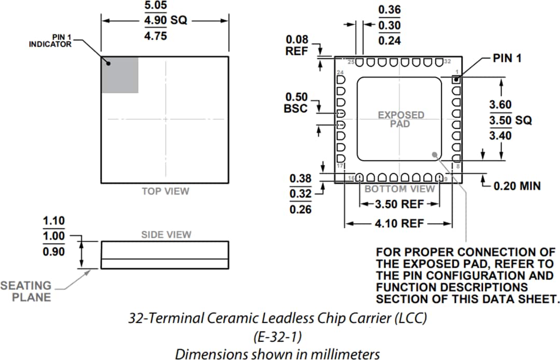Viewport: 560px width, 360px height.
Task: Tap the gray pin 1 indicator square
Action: point(120,75)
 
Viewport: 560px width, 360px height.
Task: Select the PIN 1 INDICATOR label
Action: point(50,41)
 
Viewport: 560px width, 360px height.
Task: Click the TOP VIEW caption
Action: point(165,191)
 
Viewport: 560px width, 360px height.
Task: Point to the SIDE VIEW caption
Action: point(166,235)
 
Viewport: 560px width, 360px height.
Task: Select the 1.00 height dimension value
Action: point(54,236)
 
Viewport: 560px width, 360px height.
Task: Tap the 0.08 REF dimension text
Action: point(297,46)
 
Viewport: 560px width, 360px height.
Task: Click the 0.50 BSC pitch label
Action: point(296,103)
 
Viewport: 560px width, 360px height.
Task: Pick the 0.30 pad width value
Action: point(389,25)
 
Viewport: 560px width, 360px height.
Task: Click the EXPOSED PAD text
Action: point(400,119)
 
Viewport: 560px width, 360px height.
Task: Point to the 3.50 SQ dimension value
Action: point(510,120)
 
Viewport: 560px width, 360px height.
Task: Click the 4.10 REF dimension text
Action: point(399,224)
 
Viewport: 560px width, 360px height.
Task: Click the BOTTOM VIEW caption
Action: point(399,189)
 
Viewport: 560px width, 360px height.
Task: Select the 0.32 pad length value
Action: point(300,194)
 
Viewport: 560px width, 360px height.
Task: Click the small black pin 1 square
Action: point(456,80)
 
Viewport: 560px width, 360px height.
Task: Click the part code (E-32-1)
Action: point(277,337)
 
